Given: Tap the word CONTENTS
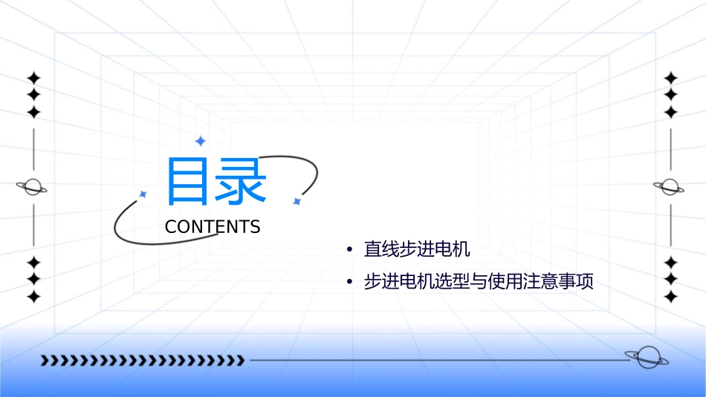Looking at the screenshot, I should [213, 227].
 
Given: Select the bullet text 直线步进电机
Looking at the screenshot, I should [417, 249].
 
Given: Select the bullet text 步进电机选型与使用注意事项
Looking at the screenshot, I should [479, 283].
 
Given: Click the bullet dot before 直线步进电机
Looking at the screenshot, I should [349, 250].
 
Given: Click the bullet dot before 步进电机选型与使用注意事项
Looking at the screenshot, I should [349, 283].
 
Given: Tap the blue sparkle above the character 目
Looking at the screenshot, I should [200, 141].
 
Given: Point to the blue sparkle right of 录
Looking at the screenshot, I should [297, 201].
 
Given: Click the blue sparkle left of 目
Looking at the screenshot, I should [143, 194].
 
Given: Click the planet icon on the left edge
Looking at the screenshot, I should [32, 187].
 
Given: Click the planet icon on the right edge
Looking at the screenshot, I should [670, 187].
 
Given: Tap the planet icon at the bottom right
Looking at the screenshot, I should [645, 358].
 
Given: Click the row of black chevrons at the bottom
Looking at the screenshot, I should [142, 361].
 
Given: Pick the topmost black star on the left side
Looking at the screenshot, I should [33, 78].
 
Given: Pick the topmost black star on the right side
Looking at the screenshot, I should [671, 78].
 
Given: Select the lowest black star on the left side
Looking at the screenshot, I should [33, 297].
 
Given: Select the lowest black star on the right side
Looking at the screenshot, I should [671, 297].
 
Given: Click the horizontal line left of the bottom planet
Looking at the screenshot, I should [438, 361].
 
